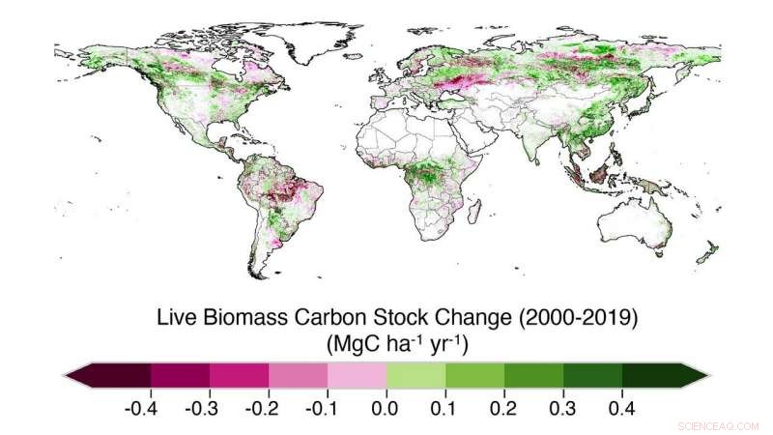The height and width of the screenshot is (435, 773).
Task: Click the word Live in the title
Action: (175, 317)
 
